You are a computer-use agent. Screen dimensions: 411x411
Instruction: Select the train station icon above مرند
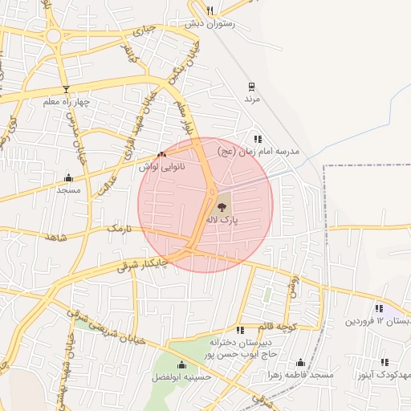coord(252,86)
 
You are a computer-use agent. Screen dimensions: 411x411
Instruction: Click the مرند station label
coord(253,98)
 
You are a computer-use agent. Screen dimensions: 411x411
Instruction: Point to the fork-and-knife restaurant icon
coord(210,10)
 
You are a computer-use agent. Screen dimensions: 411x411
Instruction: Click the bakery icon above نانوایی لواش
coord(161,154)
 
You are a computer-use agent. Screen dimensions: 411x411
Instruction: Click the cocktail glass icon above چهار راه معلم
coord(66,89)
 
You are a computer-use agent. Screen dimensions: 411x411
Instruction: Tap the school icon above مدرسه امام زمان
coord(257,139)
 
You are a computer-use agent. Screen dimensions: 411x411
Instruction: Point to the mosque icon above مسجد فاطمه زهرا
coord(301,363)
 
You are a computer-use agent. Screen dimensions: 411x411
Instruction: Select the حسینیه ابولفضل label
coord(182,376)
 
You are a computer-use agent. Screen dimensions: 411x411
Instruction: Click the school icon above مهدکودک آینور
coord(385,363)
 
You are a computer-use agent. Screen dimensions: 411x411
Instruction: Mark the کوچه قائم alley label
coord(278,324)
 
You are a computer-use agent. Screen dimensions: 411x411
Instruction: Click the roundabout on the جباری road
coord(55,35)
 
